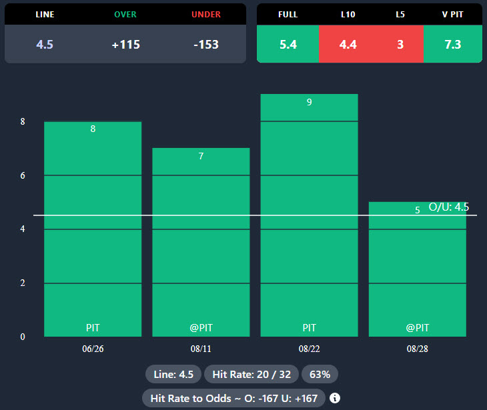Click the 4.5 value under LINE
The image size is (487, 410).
tap(45, 45)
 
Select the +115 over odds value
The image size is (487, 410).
tap(125, 45)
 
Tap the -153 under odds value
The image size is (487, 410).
tap(205, 45)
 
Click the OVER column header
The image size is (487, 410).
tap(125, 14)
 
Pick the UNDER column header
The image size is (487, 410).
tap(205, 14)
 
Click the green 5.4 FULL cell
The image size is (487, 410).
tap(288, 45)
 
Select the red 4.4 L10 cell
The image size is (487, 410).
tap(348, 45)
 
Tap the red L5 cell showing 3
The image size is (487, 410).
tap(400, 45)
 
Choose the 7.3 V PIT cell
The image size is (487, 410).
tap(452, 45)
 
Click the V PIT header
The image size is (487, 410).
tap(452, 14)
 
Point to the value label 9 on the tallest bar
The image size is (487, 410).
tap(309, 102)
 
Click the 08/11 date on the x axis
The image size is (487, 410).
tap(201, 349)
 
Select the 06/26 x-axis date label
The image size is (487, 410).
tap(93, 349)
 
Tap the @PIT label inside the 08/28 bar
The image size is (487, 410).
tap(417, 328)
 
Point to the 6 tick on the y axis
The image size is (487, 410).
tap(23, 175)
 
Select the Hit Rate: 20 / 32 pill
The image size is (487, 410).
tap(251, 374)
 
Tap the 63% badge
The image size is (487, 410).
tap(320, 374)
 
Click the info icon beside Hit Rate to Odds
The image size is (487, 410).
tap(335, 398)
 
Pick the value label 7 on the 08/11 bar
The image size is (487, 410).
tap(201, 156)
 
